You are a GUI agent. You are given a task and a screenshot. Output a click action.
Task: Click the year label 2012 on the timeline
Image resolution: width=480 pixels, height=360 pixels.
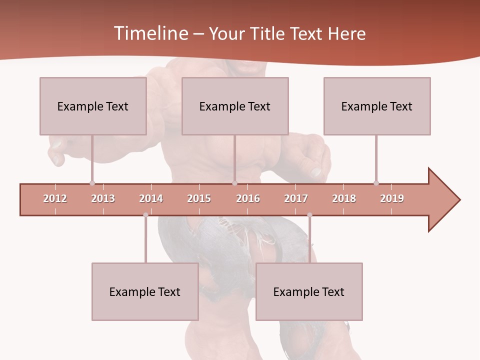(55, 198)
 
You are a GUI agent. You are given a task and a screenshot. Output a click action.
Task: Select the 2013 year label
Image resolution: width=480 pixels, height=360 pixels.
(103, 198)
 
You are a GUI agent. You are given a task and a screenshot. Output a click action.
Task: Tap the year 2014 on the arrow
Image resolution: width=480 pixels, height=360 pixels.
(151, 198)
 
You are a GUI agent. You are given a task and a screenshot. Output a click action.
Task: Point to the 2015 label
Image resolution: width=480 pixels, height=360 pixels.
(199, 198)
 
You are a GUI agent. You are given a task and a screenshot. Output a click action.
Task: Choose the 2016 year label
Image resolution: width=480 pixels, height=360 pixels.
(248, 198)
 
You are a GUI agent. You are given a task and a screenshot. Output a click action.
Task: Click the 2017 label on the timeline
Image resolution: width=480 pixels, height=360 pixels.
(296, 198)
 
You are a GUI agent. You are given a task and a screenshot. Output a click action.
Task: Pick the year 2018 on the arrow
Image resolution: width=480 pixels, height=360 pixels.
(344, 198)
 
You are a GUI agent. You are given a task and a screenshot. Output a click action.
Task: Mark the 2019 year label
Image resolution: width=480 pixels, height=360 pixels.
(392, 198)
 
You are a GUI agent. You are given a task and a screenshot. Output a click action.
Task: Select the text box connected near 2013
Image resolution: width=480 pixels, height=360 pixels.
(93, 106)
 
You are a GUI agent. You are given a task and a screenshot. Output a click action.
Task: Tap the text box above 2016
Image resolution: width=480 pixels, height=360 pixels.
(235, 106)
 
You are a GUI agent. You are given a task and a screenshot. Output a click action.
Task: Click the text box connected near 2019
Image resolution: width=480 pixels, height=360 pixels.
(377, 106)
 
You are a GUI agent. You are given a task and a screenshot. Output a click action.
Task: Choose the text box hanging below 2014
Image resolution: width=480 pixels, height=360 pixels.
(145, 292)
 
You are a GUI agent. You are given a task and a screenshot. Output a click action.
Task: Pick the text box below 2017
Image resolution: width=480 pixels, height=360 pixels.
(309, 292)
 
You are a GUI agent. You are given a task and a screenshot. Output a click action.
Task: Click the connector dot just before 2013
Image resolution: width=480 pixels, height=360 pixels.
(92, 183)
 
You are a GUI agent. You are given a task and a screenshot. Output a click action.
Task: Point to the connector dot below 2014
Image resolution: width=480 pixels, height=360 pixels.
(145, 215)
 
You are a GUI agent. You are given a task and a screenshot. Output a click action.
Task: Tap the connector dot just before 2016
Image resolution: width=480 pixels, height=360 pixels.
(234, 183)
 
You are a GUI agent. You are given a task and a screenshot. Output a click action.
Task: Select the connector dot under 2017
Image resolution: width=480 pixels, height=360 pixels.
(309, 215)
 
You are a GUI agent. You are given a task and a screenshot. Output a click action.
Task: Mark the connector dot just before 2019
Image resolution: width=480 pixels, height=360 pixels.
(376, 183)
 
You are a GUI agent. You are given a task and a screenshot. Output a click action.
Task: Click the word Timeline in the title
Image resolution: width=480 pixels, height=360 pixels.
(149, 33)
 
